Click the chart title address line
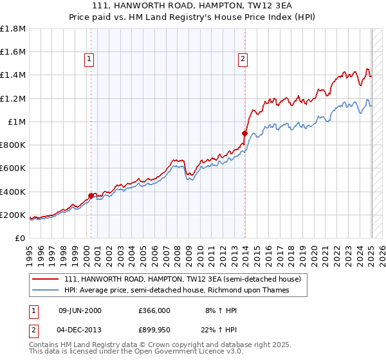click(193, 6)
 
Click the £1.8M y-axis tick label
click(14, 29)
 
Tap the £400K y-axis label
click(14, 192)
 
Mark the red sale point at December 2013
click(244, 134)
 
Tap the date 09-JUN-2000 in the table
click(80, 310)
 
